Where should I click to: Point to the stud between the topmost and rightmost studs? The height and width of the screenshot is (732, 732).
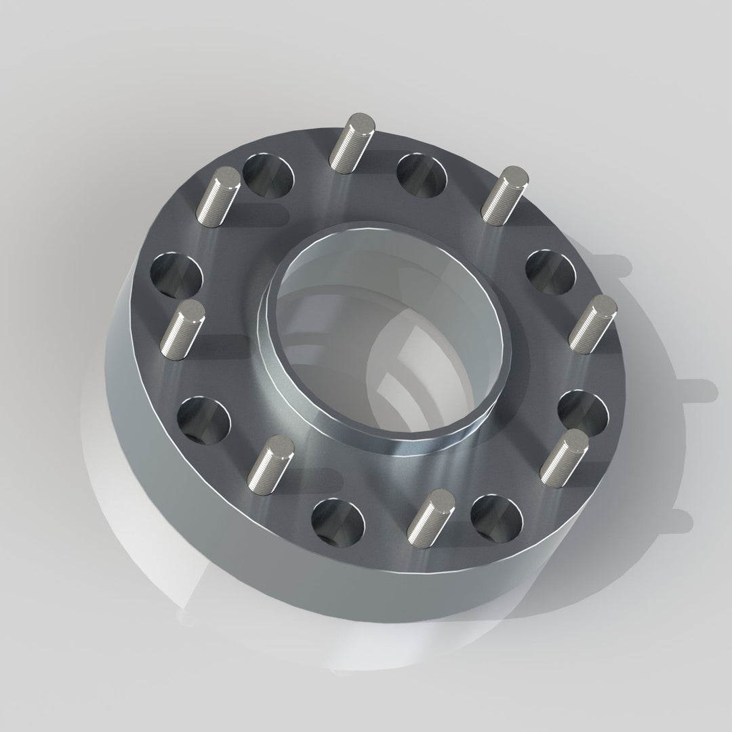pyautogui.click(x=504, y=192)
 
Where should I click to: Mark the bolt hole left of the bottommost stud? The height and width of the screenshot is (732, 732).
pyautogui.click(x=338, y=523)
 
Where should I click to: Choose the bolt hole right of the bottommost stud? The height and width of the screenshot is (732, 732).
pyautogui.click(x=497, y=518)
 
